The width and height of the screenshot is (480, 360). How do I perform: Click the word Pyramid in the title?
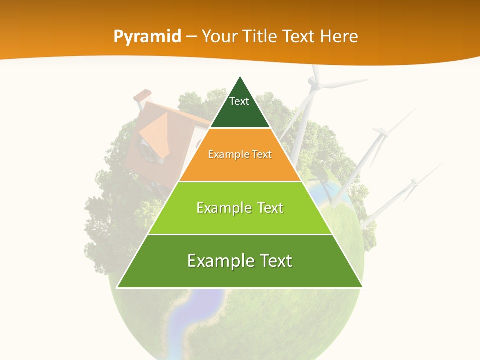(147, 37)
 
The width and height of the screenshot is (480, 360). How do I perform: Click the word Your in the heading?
(220, 36)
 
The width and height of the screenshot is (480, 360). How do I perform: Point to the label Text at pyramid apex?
(239, 101)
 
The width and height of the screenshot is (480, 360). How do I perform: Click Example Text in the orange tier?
(240, 154)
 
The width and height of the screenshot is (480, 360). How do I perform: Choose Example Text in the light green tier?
(240, 208)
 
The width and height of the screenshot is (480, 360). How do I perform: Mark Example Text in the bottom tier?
(240, 261)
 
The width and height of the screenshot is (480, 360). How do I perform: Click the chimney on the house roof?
(143, 96)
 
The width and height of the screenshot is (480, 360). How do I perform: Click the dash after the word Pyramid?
(191, 37)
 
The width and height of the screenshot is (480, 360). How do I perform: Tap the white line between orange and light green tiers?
(240, 181)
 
